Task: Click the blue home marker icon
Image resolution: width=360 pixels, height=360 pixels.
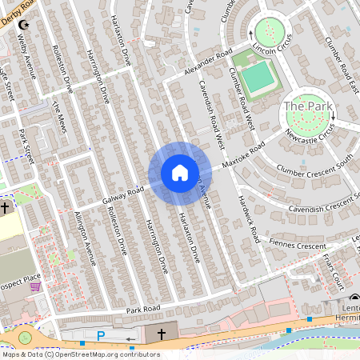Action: tap(180, 173)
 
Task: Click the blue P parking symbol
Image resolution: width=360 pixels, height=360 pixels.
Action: tap(101, 335)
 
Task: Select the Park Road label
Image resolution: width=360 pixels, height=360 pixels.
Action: tap(142, 309)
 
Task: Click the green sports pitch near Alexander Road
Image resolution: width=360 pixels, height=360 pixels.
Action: tap(256, 78)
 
